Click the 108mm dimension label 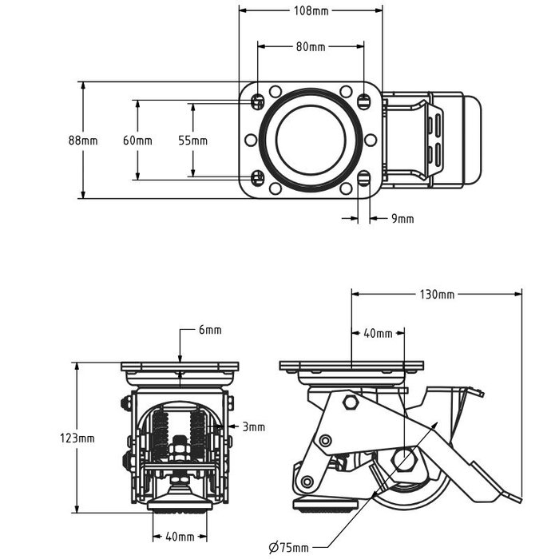point(311,10)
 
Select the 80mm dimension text point(311,46)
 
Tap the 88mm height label point(83,141)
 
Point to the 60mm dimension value point(137,141)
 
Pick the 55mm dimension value point(192,141)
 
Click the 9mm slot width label point(402,218)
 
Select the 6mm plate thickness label point(210,330)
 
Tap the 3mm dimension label point(254,427)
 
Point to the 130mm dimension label point(437,294)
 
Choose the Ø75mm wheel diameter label point(288,547)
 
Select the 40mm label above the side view point(378,333)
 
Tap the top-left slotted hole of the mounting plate point(257,101)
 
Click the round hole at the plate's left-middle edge point(251,140)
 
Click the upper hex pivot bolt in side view point(350,402)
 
